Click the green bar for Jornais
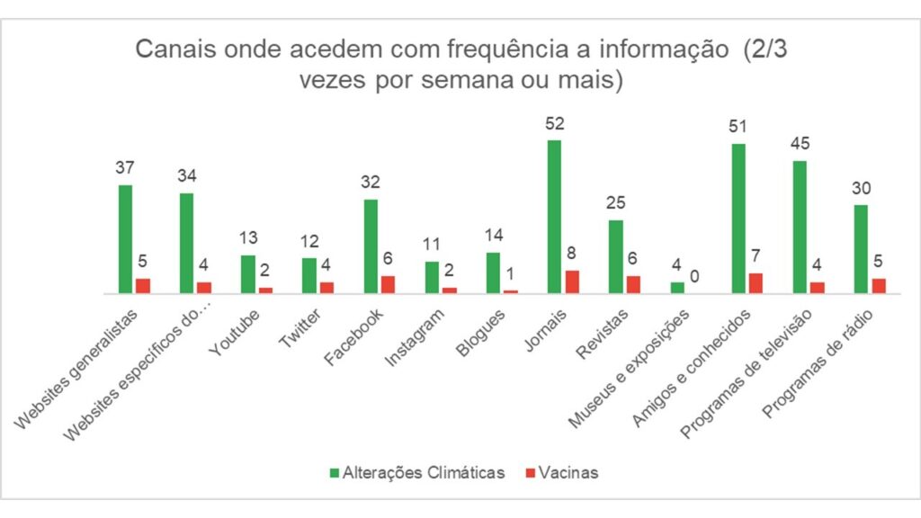pos(554,217)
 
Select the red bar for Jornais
pos(572,281)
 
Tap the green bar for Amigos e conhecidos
pos(738,219)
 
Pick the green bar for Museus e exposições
pos(677,288)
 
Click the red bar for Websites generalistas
pos(143,286)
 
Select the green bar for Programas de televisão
pos(800,227)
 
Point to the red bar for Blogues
pos(510,291)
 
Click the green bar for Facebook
pos(371,246)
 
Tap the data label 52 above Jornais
pos(554,123)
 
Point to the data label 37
pos(125,168)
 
